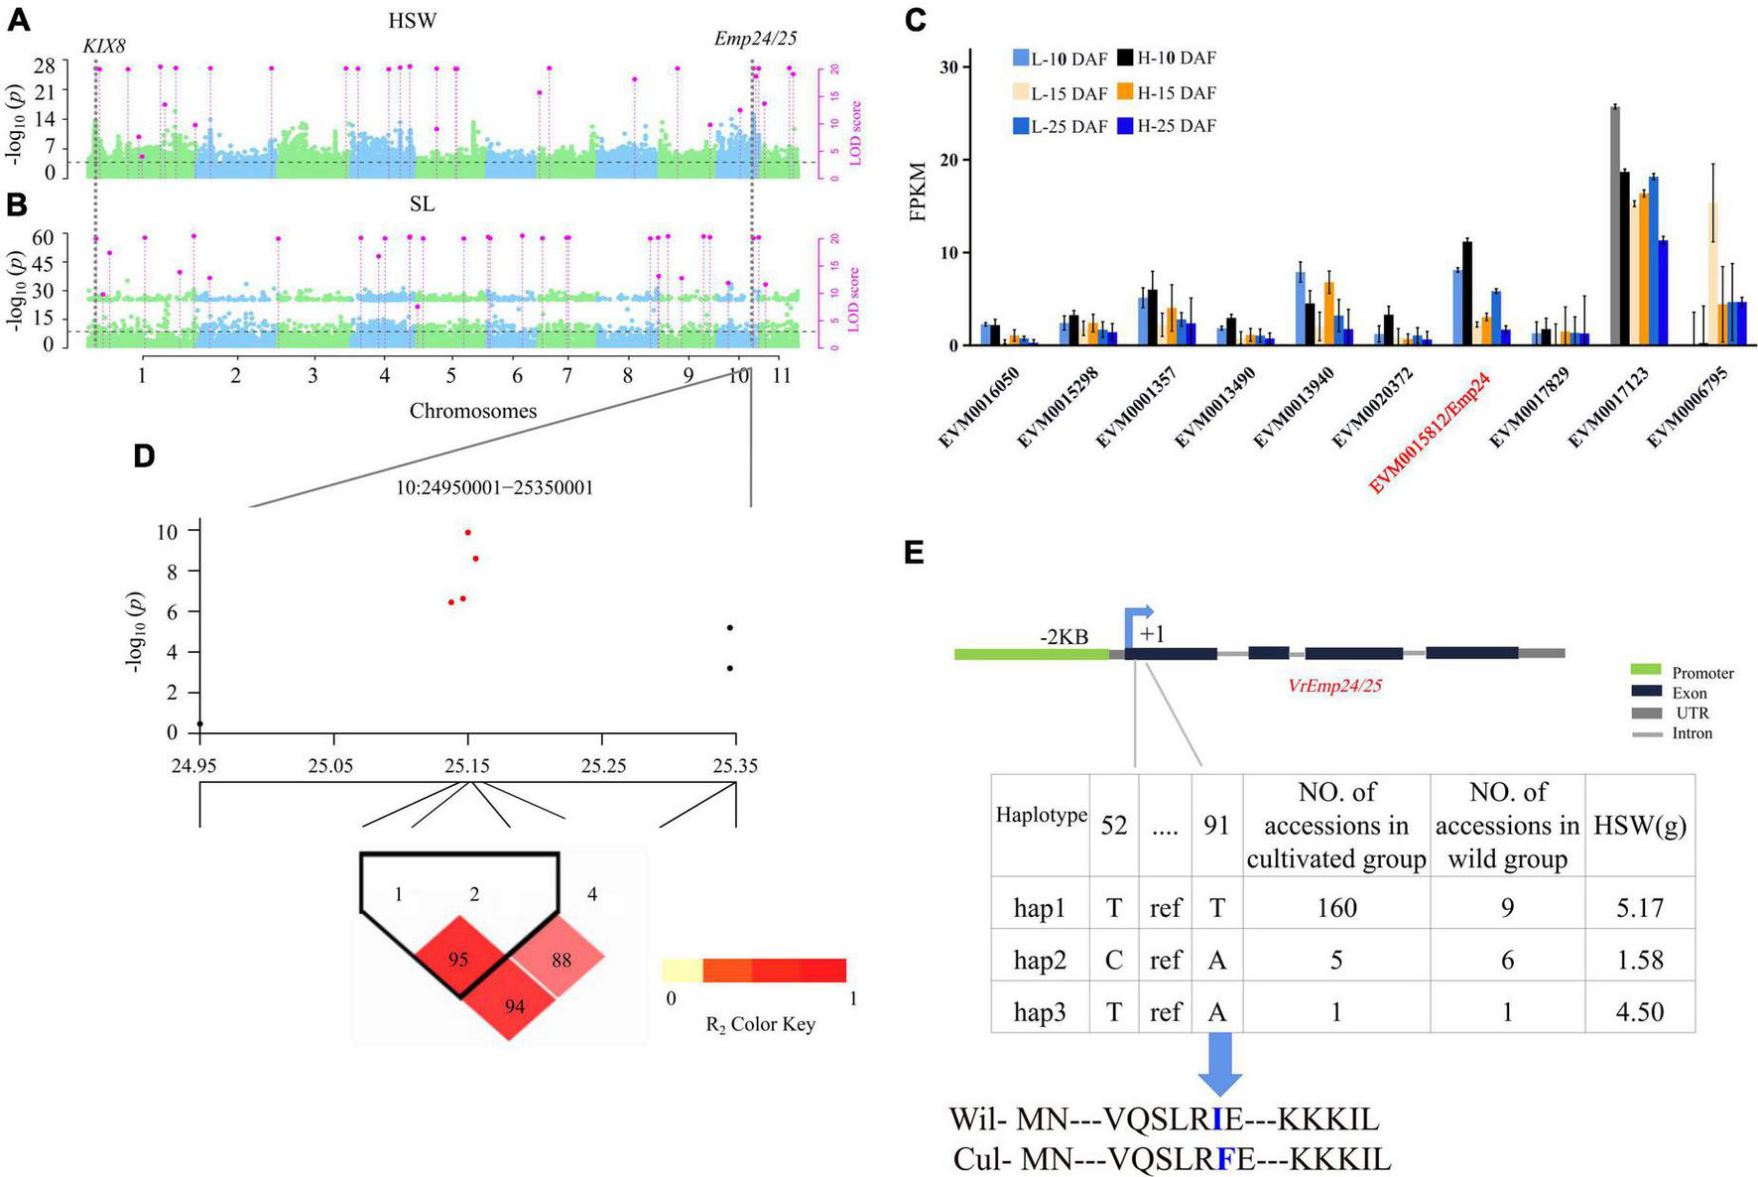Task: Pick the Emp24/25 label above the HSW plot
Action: click(x=755, y=39)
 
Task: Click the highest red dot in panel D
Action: click(x=468, y=532)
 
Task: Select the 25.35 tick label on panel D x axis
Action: click(x=735, y=765)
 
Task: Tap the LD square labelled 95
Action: click(x=457, y=959)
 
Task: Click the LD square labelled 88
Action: click(x=563, y=959)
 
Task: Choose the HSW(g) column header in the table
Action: click(x=1639, y=825)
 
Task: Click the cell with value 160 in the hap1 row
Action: click(x=1335, y=907)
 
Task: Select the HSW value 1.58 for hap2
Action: click(x=1639, y=960)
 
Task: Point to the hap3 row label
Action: click(x=1039, y=1012)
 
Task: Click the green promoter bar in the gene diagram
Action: click(x=1031, y=654)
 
